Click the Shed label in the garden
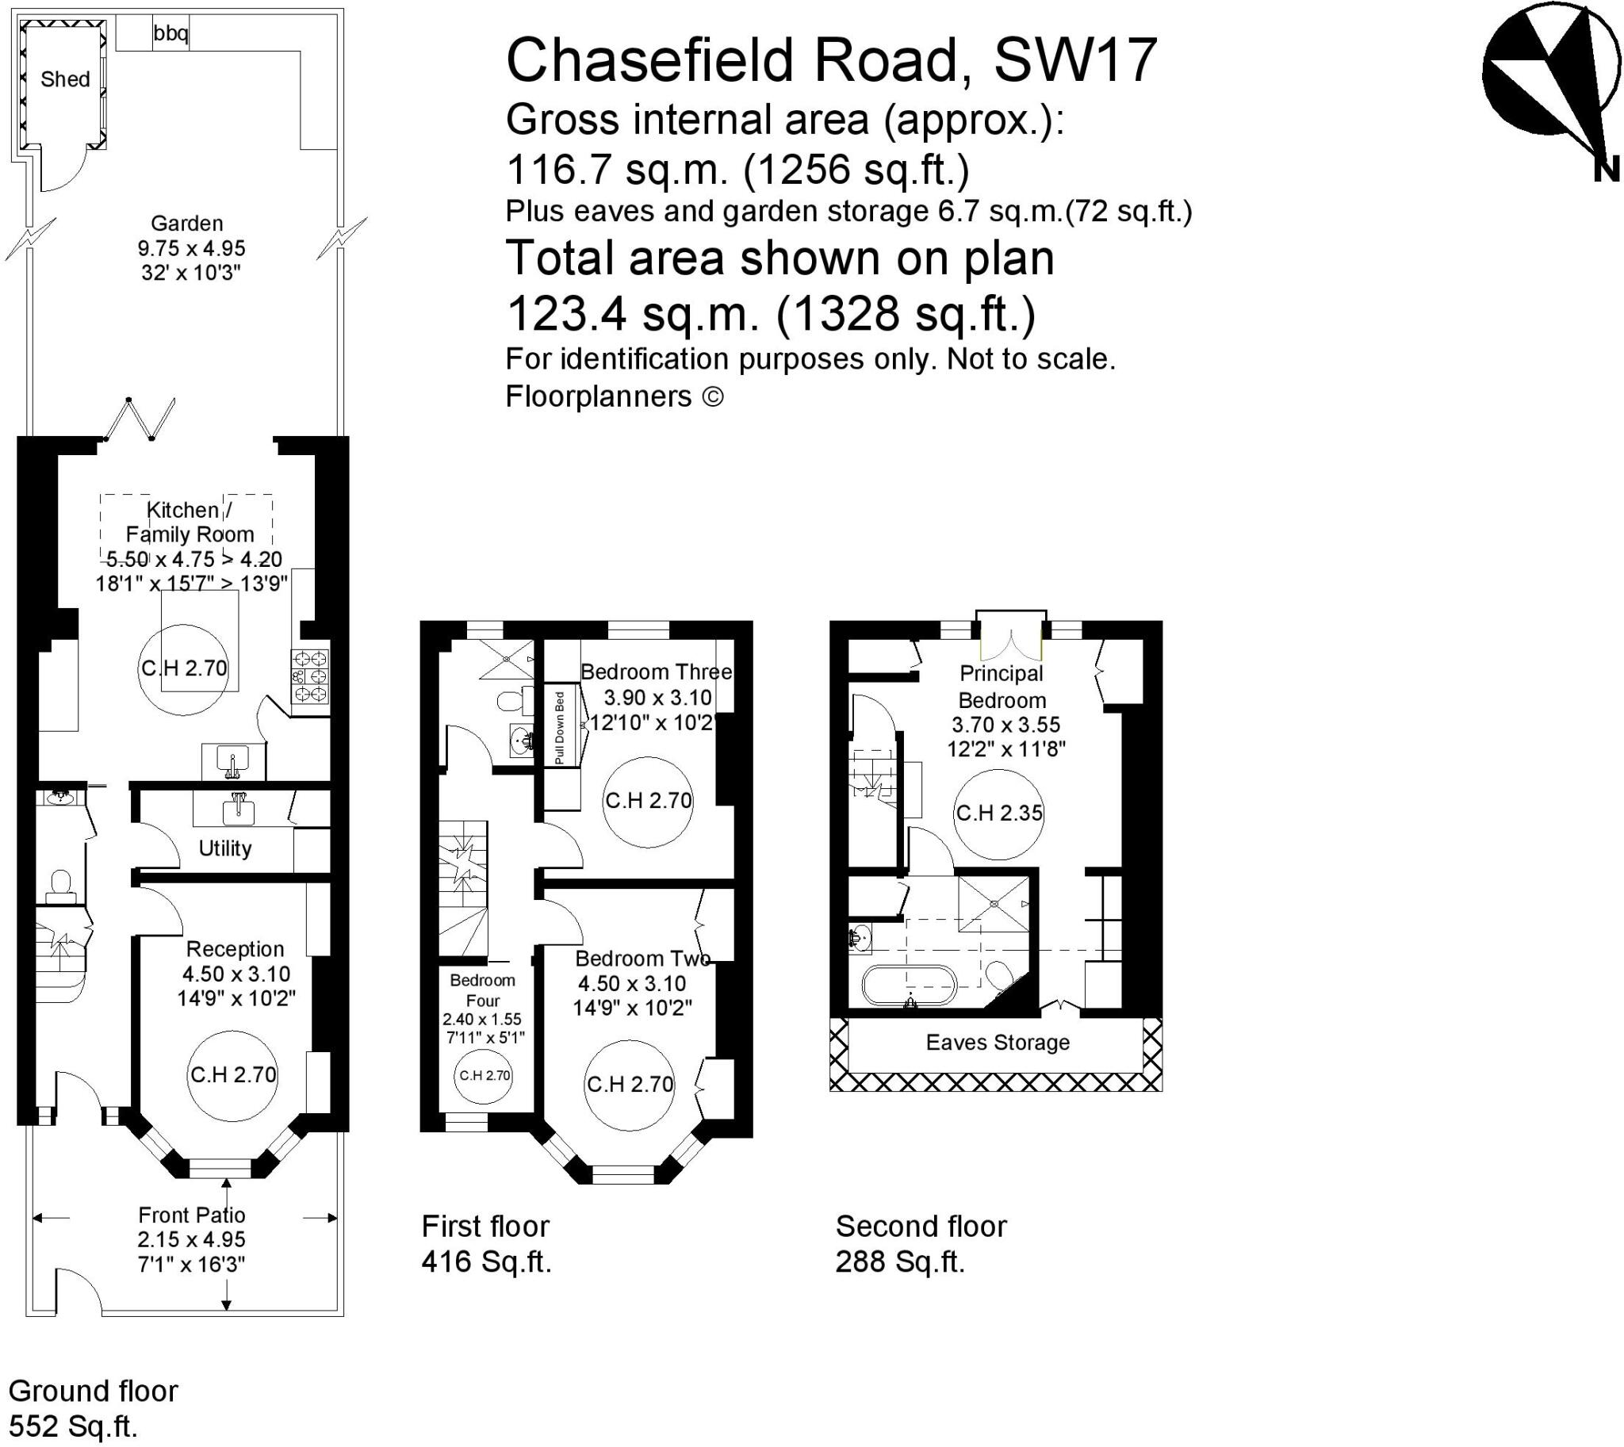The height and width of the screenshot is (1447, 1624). point(65,79)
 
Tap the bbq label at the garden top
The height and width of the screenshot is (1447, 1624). point(170,33)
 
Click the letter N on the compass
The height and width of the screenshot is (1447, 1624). point(1607,170)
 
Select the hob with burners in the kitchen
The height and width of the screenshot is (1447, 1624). point(310,676)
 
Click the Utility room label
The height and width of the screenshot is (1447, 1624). point(225,848)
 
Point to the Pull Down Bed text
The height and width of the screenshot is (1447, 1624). point(559,729)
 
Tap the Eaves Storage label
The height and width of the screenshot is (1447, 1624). point(998,1043)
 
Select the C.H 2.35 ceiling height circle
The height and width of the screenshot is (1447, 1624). point(998,813)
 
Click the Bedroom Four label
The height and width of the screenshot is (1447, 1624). point(483,990)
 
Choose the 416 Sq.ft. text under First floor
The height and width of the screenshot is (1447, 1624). point(486,1261)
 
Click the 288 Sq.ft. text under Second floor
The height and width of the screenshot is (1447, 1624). point(899,1261)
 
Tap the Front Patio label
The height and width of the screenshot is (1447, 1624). point(192,1215)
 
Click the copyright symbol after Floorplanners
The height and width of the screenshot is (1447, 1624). point(714,396)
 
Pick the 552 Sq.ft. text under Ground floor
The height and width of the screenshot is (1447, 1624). point(72,1426)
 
